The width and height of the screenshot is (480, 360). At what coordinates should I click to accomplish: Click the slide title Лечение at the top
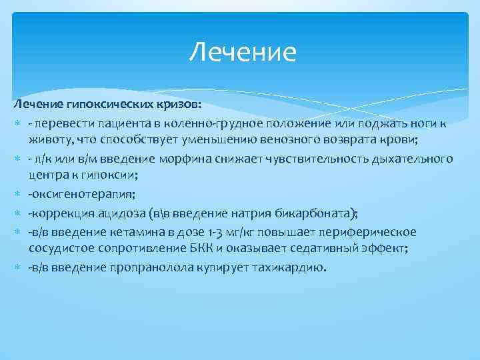pyautogui.click(x=242, y=52)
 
